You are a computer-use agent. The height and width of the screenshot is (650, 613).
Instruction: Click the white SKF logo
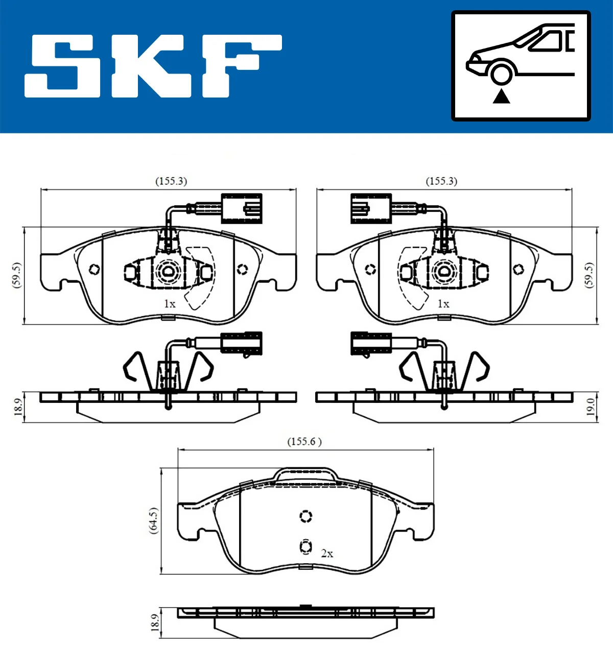click(x=153, y=66)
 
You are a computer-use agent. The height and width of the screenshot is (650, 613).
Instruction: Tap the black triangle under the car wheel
click(x=501, y=96)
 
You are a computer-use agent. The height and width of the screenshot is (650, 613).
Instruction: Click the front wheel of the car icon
click(x=501, y=73)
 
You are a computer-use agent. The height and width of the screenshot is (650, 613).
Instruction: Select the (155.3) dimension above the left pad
click(x=171, y=181)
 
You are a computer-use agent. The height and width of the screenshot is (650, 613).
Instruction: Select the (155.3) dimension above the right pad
click(x=441, y=181)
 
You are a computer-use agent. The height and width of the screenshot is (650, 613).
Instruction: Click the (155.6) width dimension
click(x=304, y=442)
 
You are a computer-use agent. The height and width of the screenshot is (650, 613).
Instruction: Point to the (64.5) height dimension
click(x=153, y=520)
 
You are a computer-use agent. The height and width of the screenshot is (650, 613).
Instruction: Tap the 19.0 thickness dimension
click(x=591, y=407)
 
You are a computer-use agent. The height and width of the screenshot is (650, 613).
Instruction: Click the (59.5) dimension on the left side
click(x=16, y=275)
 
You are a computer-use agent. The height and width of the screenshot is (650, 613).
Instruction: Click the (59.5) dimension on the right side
click(x=590, y=275)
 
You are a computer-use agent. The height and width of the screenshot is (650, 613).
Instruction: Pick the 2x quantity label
click(x=327, y=553)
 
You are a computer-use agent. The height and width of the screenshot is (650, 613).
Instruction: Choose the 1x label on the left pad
click(x=170, y=304)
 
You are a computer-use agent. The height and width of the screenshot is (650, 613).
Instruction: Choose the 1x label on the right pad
click(x=443, y=304)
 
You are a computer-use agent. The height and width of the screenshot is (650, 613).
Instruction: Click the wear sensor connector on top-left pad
click(x=242, y=208)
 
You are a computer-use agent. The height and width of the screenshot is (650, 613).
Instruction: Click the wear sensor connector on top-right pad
click(x=371, y=208)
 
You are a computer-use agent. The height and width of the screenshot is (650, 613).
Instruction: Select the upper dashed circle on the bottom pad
click(x=305, y=516)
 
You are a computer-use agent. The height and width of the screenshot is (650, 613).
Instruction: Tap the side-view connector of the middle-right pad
click(x=371, y=343)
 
